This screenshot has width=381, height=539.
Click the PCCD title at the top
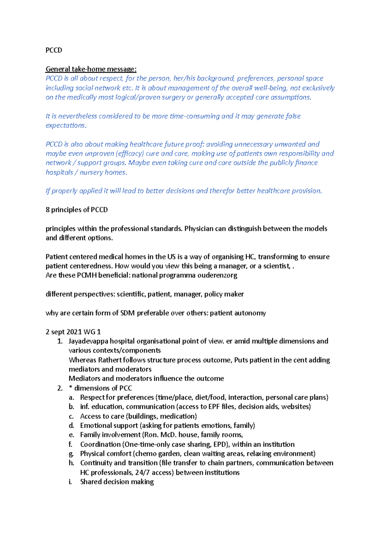pos(54,50)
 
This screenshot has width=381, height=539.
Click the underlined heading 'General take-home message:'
pos(91,69)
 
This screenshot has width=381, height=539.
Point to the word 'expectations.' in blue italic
pos(66,125)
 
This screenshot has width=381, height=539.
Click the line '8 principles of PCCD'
pos(77,210)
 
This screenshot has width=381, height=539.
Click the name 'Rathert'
pos(110,360)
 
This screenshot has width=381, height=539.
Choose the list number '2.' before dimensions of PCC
pos(60,388)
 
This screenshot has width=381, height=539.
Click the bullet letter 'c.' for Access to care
pos(71,416)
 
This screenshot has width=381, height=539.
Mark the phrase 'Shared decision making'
pos(117,482)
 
